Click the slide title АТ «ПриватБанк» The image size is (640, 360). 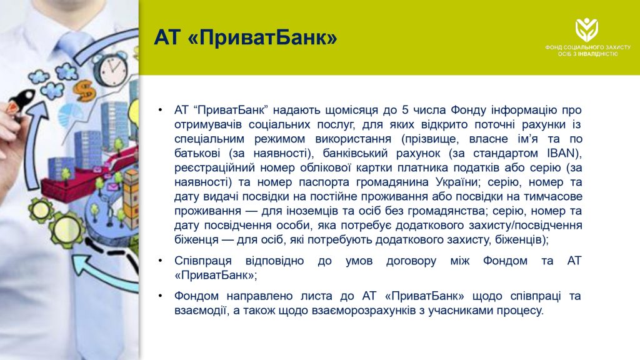click(x=245, y=37)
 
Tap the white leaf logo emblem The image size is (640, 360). click(x=587, y=29)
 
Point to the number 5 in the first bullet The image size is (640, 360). click(x=405, y=110)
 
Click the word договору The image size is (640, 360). click(x=411, y=261)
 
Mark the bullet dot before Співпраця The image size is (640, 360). click(x=161, y=261)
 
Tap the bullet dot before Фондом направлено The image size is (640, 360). click(x=161, y=296)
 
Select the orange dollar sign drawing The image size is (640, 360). click(x=85, y=90)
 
